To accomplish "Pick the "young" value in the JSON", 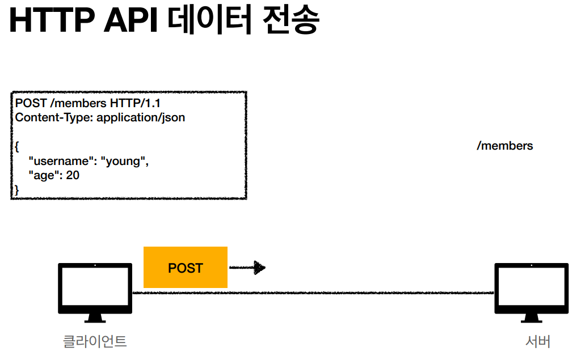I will coord(124,161).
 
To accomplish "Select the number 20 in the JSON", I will coord(73,175).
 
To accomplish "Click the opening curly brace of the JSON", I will coord(17,147).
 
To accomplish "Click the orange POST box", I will coord(186,267).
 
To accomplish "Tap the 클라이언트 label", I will coord(95,341).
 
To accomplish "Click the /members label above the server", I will coord(505,146).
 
